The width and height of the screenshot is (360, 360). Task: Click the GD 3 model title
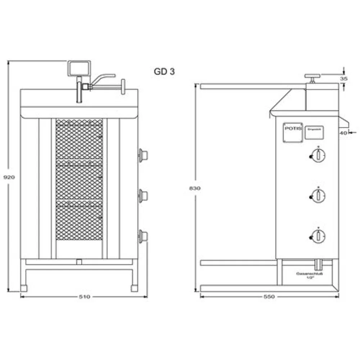164,72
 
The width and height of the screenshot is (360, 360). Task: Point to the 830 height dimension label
195,188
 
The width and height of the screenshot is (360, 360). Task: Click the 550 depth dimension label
269,297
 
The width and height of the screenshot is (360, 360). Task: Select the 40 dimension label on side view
343,133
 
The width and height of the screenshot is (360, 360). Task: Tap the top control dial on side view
318,155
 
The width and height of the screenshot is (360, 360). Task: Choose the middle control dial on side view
318,195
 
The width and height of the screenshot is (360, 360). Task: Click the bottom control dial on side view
318,236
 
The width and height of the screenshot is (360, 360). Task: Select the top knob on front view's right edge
143,155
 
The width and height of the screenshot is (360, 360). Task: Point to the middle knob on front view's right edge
143,195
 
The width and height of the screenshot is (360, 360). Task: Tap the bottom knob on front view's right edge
143,236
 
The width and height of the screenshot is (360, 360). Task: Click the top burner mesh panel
79,139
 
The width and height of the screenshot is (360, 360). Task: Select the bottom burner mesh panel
79,220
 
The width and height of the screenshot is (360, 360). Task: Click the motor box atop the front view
79,68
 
